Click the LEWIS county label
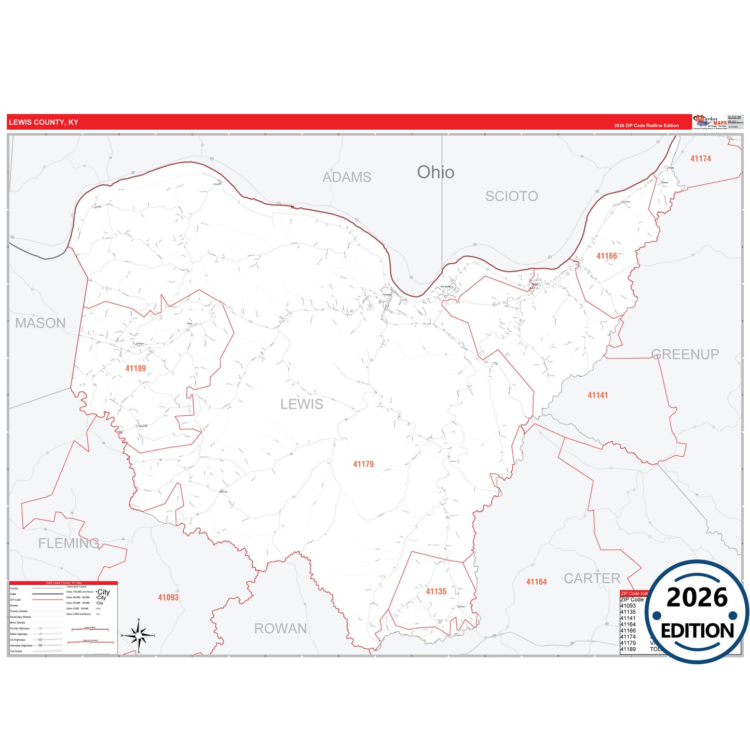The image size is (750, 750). [x=302, y=404]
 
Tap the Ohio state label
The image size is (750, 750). [x=435, y=172]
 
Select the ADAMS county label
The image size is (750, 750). [x=347, y=177]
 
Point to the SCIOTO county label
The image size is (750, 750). [x=511, y=196]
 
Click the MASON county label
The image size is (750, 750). [x=40, y=323]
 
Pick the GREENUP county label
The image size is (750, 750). [x=685, y=354]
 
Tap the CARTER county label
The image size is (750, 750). [x=592, y=578]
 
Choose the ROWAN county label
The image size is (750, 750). [x=280, y=629]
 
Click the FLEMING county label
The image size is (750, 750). [x=69, y=543]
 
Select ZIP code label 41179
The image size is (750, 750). [x=363, y=464]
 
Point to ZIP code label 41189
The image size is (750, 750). [x=135, y=369]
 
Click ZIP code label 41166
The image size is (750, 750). [x=606, y=256]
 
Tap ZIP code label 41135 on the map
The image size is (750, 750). [x=436, y=592]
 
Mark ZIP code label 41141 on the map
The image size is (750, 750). [x=597, y=396]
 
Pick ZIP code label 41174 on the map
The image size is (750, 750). [x=700, y=159]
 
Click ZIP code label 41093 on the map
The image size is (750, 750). [x=168, y=598]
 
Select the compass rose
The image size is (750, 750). [x=139, y=635]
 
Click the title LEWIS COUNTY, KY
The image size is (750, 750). [x=44, y=122]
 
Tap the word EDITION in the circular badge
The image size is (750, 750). [x=697, y=631]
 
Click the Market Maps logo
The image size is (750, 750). [x=710, y=122]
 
